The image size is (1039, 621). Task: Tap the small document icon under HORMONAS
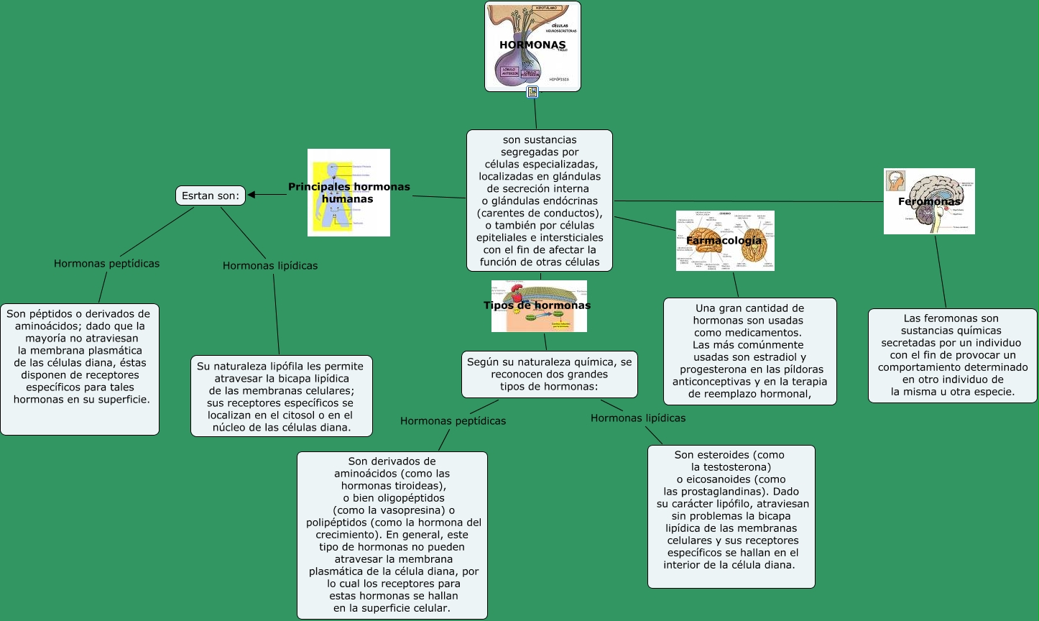532,92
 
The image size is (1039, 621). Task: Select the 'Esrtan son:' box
211,195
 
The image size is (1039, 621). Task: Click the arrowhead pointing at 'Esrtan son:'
253,195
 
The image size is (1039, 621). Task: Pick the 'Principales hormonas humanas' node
349,192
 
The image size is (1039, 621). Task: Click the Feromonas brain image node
929,201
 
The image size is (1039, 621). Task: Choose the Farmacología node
724,240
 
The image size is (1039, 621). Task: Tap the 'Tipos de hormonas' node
538,305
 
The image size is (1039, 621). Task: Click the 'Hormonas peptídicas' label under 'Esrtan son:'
107,264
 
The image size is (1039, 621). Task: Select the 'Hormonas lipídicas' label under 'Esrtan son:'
270,266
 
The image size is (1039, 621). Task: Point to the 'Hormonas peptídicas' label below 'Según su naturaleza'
453,421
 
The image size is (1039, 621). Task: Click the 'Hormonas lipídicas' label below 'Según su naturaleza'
638,418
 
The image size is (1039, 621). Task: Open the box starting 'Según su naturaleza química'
549,374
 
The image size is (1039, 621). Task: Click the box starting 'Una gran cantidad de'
749,351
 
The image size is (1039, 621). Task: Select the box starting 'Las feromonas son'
952,355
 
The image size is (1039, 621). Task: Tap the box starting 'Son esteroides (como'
731,516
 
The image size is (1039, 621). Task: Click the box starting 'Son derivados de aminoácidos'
392,535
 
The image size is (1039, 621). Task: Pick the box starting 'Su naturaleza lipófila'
281,396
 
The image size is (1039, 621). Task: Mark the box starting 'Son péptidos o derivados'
79,369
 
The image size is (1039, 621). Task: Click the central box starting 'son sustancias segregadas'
540,201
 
